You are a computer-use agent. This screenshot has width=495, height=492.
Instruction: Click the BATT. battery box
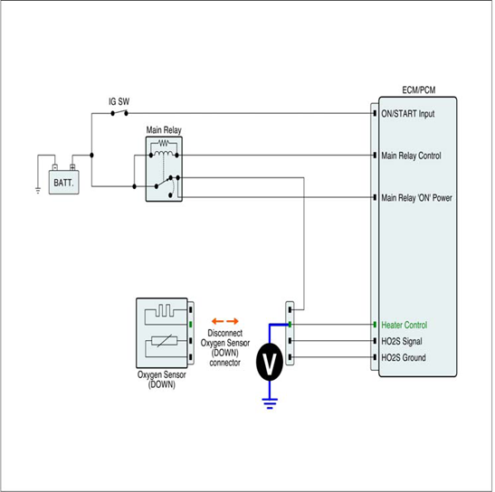pyautogui.click(x=63, y=182)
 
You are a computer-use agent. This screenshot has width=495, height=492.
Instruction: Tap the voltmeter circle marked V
pyautogui.click(x=270, y=362)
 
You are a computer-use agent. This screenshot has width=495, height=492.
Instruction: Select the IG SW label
pyautogui.click(x=119, y=101)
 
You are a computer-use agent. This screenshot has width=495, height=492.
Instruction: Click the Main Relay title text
pyautogui.click(x=164, y=130)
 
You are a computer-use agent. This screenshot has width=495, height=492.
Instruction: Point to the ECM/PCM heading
pyautogui.click(x=419, y=90)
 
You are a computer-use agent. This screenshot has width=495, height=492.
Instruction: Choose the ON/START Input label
pyautogui.click(x=408, y=114)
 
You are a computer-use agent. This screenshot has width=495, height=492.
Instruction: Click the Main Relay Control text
pyautogui.click(x=411, y=156)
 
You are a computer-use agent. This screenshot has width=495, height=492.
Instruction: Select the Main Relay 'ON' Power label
pyautogui.click(x=416, y=198)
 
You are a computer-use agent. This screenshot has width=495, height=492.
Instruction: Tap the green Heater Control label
pyautogui.click(x=405, y=325)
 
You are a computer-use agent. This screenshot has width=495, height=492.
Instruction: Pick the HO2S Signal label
pyautogui.click(x=402, y=341)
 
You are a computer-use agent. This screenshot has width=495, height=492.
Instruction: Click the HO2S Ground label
pyautogui.click(x=404, y=357)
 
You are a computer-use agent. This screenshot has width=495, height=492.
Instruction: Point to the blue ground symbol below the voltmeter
pyautogui.click(x=270, y=403)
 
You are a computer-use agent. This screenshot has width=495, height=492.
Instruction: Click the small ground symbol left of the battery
pyautogui.click(x=38, y=190)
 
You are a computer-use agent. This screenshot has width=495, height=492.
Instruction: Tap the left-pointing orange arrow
pyautogui.click(x=217, y=321)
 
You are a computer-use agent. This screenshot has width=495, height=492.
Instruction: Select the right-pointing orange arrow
pyautogui.click(x=233, y=321)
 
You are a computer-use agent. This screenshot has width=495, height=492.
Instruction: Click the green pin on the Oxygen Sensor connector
pyautogui.click(x=190, y=325)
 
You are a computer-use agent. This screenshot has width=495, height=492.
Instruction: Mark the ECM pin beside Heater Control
pyautogui.click(x=375, y=325)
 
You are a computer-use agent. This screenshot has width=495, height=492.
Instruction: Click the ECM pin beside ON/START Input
pyautogui.click(x=375, y=113)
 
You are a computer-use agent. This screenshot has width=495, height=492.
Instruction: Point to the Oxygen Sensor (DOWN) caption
pyautogui.click(x=161, y=380)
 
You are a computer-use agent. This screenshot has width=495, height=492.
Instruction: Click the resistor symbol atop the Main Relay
pyautogui.click(x=164, y=144)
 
